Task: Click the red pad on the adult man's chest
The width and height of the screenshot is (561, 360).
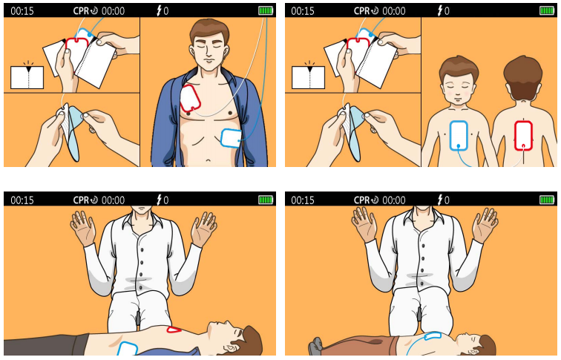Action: pyautogui.click(x=190, y=99)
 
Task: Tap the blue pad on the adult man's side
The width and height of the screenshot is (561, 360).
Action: pyautogui.click(x=231, y=138)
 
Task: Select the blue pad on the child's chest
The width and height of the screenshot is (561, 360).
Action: pyautogui.click(x=459, y=137)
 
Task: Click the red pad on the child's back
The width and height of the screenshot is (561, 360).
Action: pyautogui.click(x=523, y=136)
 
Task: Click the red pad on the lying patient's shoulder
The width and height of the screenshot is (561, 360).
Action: pyautogui.click(x=174, y=330)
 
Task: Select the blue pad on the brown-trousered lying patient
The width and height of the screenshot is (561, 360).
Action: pyautogui.click(x=433, y=336)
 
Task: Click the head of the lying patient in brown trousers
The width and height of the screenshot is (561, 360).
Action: pyautogui.click(x=478, y=344)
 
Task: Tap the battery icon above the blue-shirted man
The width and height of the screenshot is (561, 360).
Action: pyautogui.click(x=266, y=10)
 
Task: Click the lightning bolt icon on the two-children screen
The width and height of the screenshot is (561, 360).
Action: pyautogui.click(x=440, y=10)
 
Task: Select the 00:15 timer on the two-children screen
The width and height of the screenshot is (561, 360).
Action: pyautogui.click(x=302, y=11)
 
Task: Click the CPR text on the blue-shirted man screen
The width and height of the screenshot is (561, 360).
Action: pyautogui.click(x=81, y=10)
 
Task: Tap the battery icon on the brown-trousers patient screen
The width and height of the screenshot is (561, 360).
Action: pyautogui.click(x=547, y=200)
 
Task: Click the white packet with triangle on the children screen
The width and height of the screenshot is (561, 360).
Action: pyautogui.click(x=309, y=77)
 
